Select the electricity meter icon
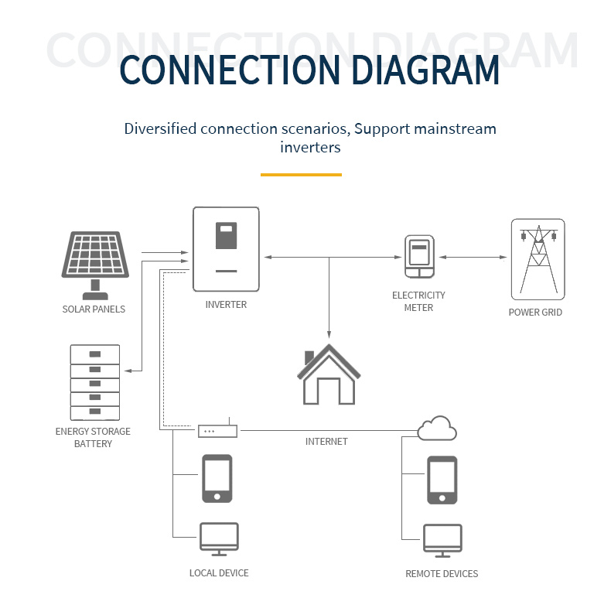pos(418,257)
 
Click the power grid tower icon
pos(538,259)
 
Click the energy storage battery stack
pos(95,383)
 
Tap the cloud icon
pos(437,428)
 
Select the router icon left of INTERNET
pos(217,430)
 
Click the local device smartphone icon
pos(217,478)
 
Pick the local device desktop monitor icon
pos(219,538)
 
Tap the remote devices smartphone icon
pos(442,480)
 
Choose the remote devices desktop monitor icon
pos(442,540)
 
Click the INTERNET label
pos(326,442)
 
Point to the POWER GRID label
pos(535,313)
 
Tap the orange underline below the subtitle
pos(301,175)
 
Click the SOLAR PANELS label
pos(94,309)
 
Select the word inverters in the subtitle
pos(310,147)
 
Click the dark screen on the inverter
pos(226,236)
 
